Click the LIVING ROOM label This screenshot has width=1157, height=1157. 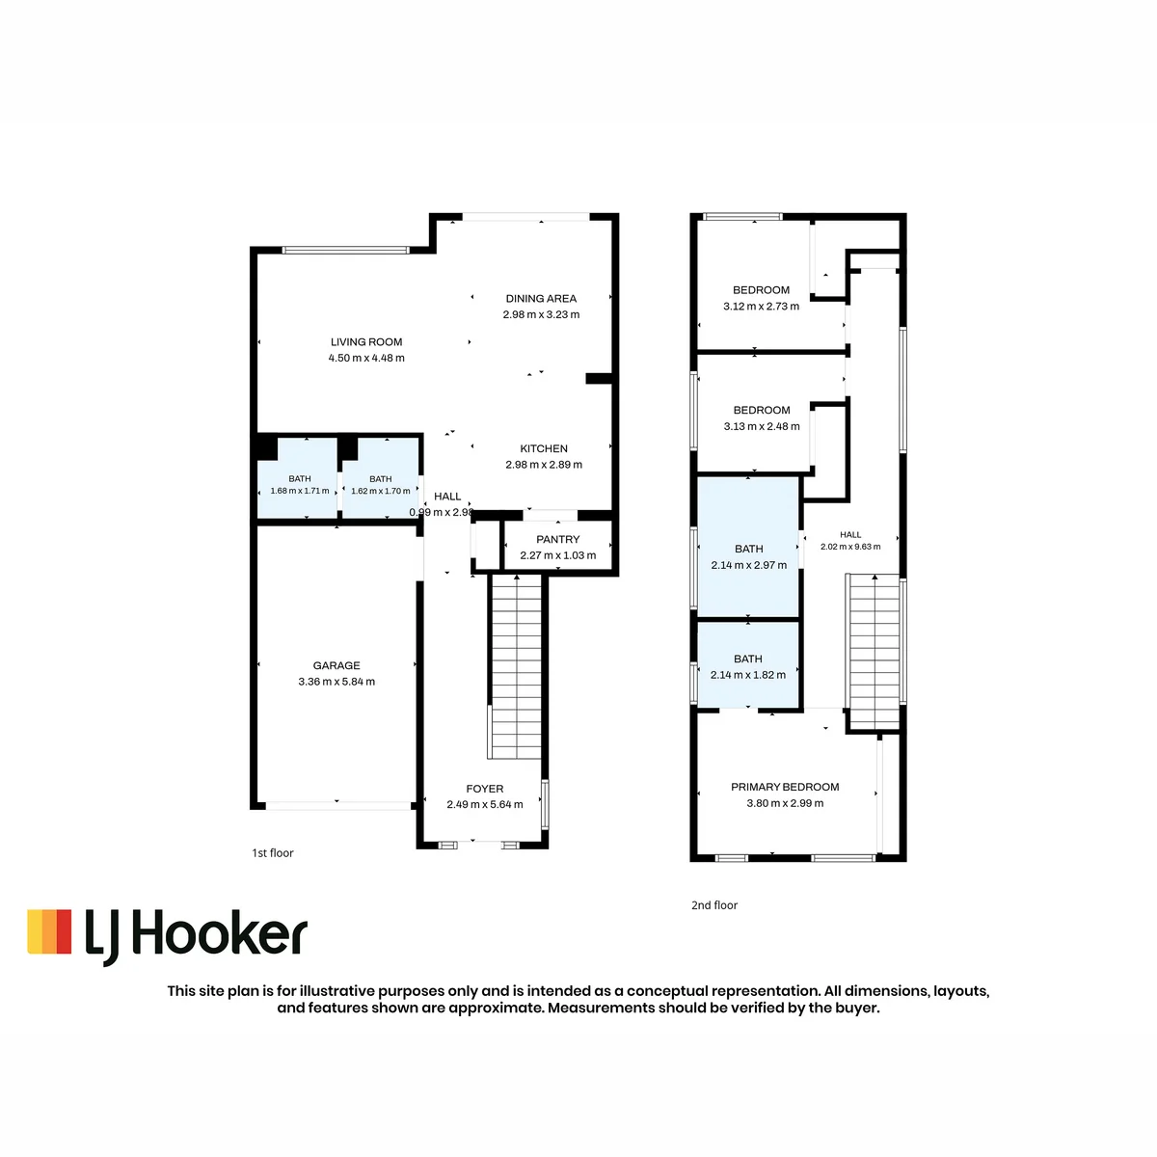[366, 341]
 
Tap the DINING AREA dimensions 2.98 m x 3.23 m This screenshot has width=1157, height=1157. [541, 314]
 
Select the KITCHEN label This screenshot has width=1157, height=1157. [544, 448]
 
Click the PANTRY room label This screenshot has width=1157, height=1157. [558, 539]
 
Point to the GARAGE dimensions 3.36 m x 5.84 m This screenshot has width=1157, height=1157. [336, 682]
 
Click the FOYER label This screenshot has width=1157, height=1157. [485, 789]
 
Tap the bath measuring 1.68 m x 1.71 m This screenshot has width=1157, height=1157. [297, 478]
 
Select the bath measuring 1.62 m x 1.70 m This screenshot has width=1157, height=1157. [380, 478]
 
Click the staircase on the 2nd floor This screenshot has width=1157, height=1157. [874, 652]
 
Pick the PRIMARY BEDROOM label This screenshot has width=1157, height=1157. [785, 787]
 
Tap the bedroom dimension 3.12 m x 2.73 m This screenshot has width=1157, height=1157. [761, 307]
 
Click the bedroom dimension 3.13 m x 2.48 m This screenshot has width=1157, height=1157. [762, 426]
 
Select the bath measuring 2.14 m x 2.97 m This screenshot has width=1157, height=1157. [748, 547]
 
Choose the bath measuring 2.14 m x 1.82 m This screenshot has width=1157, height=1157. [748, 664]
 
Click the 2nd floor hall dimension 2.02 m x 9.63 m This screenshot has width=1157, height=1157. [850, 547]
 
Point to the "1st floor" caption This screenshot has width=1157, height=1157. [273, 852]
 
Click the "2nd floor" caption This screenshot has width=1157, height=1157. [713, 904]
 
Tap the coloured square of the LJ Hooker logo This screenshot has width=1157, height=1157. [49, 931]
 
